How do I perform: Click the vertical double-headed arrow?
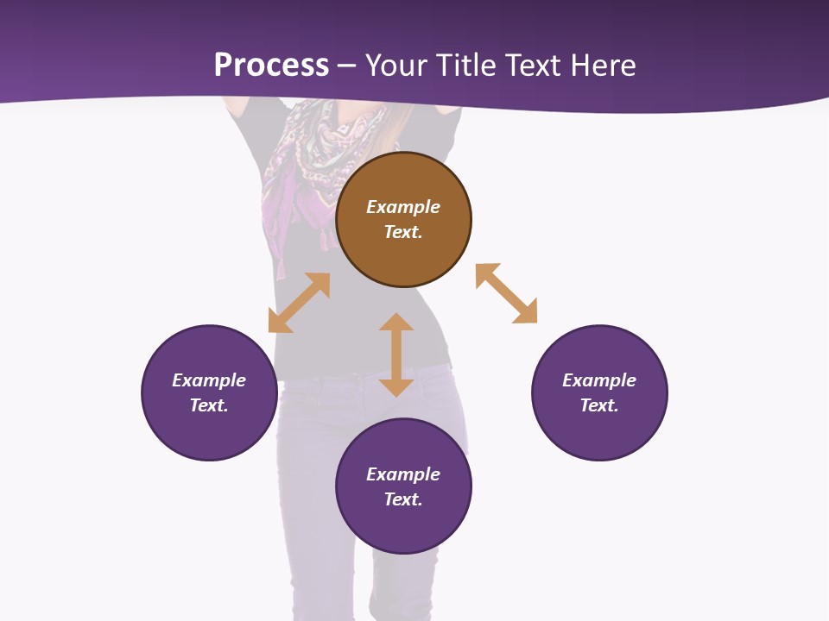[x=396, y=354]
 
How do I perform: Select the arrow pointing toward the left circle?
[x=299, y=303]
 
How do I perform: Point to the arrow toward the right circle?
[x=506, y=293]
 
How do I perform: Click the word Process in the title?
[x=271, y=65]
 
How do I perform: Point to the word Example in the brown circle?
[x=403, y=207]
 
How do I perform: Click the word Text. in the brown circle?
[x=403, y=232]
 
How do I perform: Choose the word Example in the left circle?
[x=209, y=380]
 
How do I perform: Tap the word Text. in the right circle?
[x=599, y=405]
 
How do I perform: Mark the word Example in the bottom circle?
[x=403, y=474]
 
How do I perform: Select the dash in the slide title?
[x=347, y=66]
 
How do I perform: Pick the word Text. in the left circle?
[x=209, y=405]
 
